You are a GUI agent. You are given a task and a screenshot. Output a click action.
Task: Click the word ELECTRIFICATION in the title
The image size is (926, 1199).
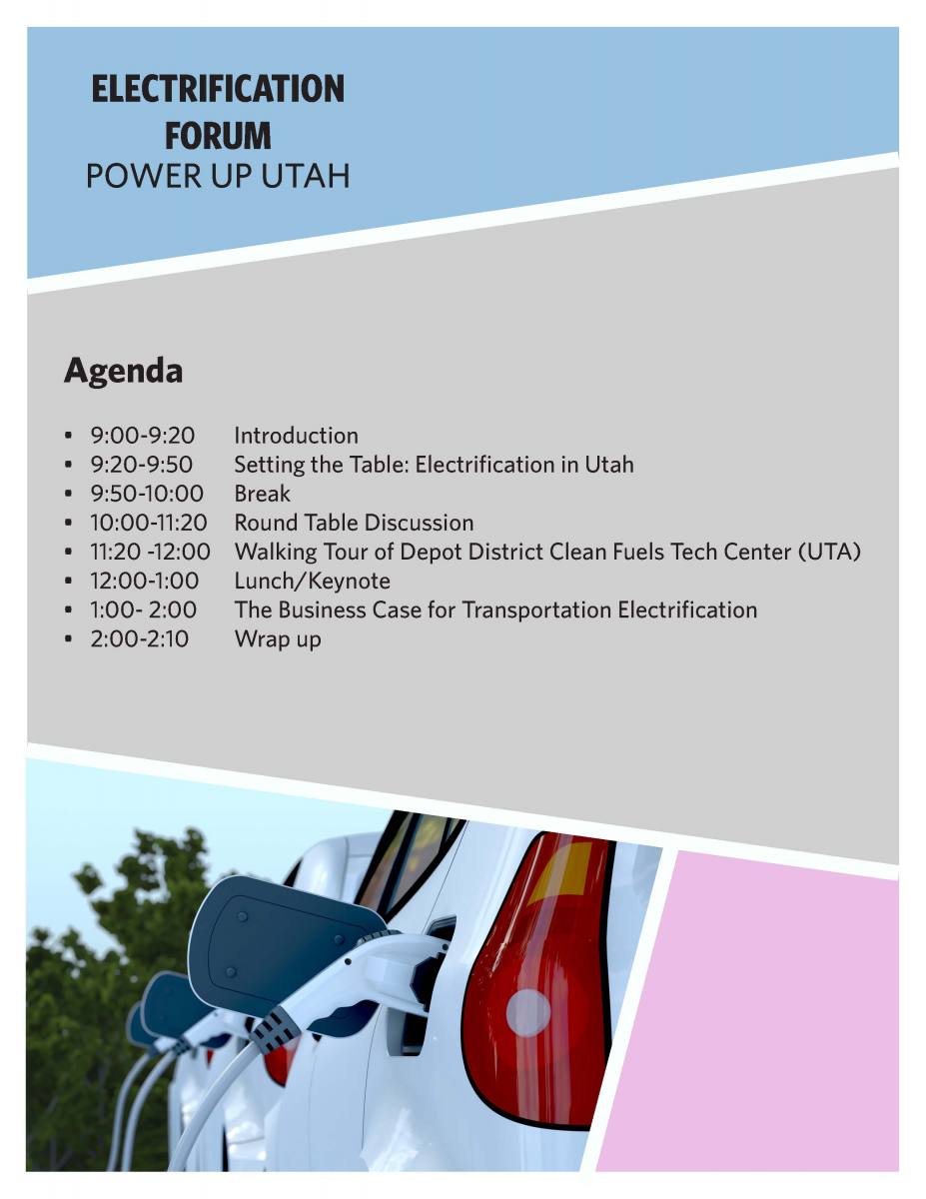218,88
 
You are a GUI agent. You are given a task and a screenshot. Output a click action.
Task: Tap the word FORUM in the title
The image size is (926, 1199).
218,136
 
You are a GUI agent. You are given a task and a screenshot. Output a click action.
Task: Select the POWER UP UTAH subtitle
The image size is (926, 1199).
218,176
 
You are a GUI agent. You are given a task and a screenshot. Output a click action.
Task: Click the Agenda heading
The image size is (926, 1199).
124,372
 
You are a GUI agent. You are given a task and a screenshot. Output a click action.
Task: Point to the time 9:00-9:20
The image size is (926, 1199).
142,436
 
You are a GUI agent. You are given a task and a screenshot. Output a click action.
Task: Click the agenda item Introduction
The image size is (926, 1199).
296,436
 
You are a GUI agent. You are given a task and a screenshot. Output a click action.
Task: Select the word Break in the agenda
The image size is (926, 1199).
262,494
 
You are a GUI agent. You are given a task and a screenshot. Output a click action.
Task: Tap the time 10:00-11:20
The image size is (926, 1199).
149,523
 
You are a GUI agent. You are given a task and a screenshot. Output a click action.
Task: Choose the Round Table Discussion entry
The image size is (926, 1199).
354,523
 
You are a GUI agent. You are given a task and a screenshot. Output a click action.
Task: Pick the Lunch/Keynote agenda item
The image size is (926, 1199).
312,582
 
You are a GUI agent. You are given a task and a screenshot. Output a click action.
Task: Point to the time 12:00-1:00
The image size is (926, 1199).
145,581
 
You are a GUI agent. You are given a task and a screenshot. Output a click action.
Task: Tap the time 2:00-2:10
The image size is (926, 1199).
140,638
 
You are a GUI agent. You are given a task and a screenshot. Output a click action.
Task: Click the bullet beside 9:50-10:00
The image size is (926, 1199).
68,494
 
